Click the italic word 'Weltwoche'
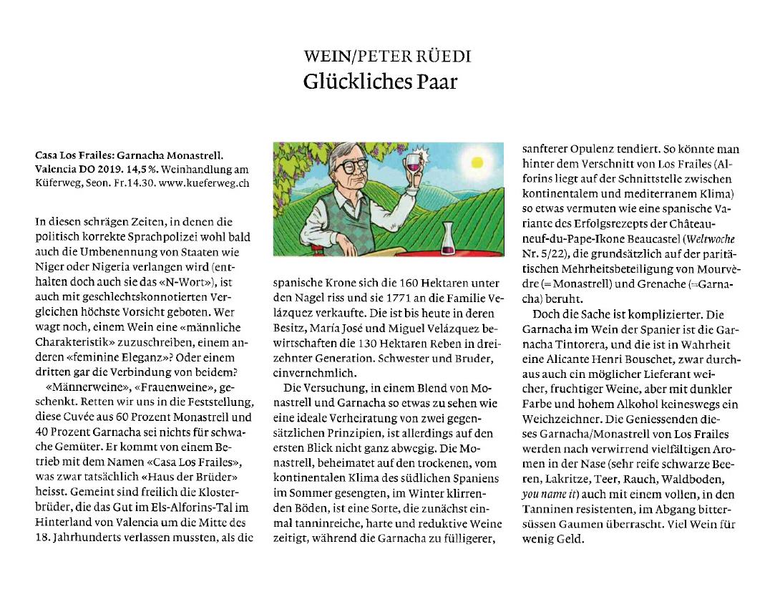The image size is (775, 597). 713,238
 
